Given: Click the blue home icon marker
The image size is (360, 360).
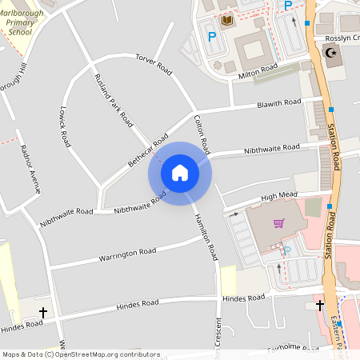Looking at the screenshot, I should tap(180, 172).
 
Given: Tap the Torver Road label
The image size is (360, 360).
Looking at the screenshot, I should tap(154, 63).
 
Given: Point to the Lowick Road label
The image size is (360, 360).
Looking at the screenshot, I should tap(63, 119).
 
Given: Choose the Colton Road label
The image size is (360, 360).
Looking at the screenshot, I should tap(201, 133).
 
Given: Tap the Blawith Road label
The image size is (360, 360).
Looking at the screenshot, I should tap(278, 104).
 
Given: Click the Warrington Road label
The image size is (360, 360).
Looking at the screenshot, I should tap(127, 254).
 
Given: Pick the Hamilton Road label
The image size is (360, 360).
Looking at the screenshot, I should tap(203, 235).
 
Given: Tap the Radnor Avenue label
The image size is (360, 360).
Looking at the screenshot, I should tap(29, 169).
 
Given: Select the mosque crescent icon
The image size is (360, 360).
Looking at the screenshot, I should tap(331, 53).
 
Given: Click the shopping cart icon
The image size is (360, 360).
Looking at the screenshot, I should tap(278, 222).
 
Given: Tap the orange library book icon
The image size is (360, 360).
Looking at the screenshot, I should tap(227, 19).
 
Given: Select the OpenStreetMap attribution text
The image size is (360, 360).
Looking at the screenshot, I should tap(81, 354).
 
